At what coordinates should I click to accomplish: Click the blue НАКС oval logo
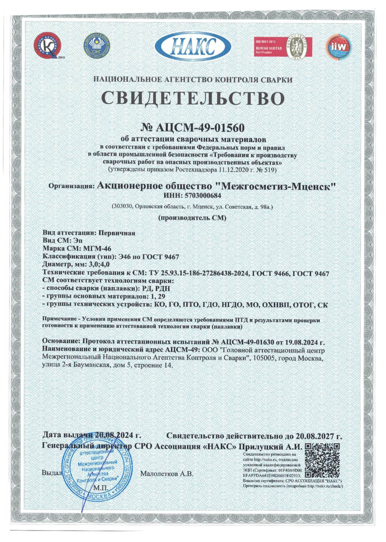click(193, 46)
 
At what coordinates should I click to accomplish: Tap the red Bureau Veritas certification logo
click(283, 47)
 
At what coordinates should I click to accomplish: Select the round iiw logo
click(338, 47)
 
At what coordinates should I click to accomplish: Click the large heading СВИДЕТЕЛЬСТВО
click(193, 98)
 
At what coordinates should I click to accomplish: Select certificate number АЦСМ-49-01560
click(200, 128)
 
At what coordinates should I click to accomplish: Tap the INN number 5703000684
click(203, 195)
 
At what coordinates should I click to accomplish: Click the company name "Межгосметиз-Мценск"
click(276, 186)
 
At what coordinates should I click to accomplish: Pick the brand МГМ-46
click(97, 248)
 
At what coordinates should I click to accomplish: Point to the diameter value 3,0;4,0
click(99, 264)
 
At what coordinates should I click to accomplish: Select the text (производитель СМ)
click(192, 218)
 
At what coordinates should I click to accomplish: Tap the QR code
click(322, 461)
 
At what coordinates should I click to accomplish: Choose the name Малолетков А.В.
click(167, 474)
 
